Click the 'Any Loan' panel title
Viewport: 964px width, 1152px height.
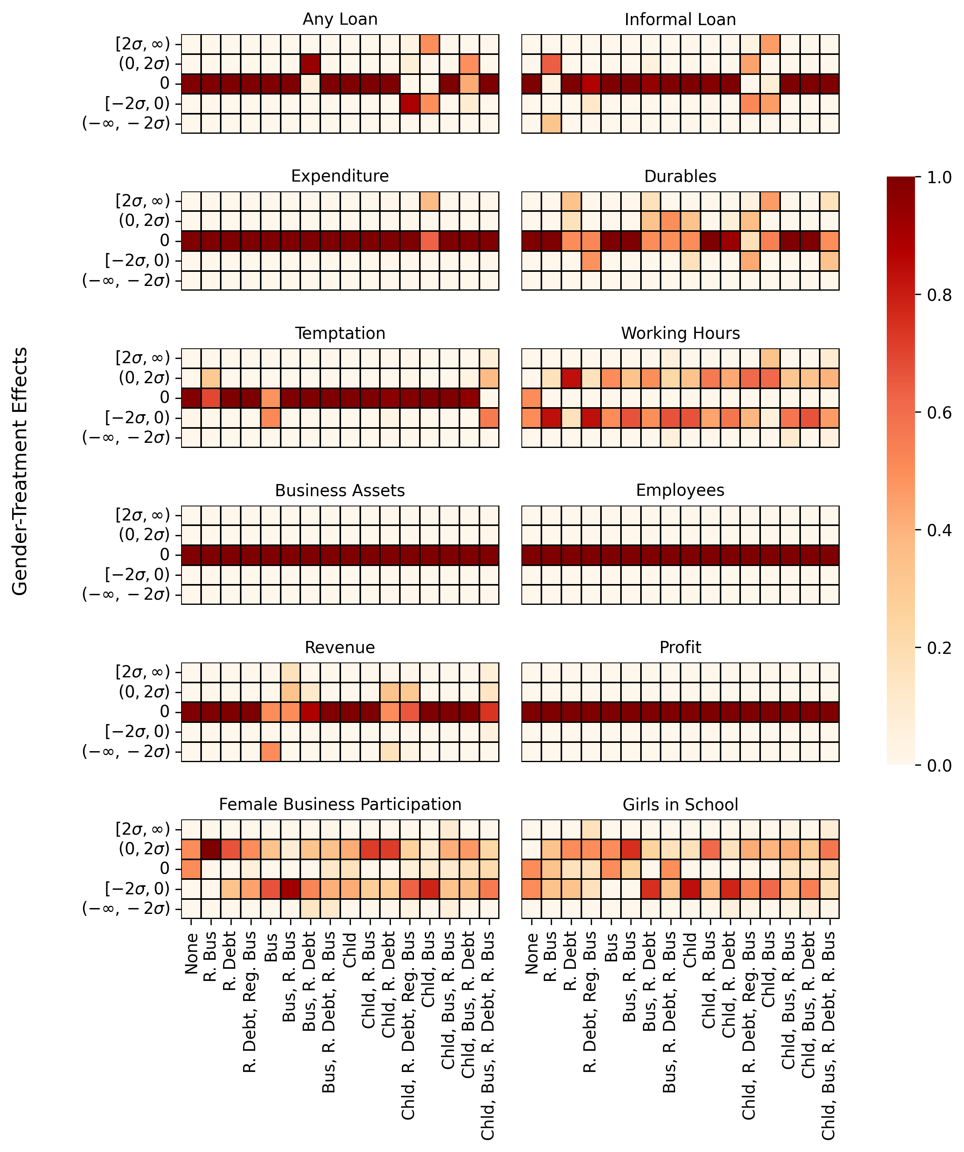(x=340, y=20)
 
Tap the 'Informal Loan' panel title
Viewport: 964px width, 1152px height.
(x=680, y=20)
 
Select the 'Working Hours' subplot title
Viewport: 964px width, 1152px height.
(x=680, y=333)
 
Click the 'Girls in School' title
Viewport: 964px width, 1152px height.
(x=680, y=805)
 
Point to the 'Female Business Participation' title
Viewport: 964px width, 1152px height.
(x=340, y=805)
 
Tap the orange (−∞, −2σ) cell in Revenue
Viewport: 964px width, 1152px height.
(x=271, y=752)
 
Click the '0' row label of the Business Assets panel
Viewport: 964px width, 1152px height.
(x=165, y=555)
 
